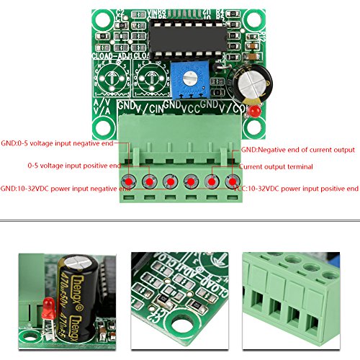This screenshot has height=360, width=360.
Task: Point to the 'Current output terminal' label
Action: [276, 166]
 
